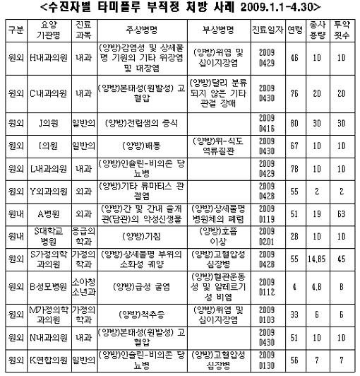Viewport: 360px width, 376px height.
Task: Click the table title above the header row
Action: [180, 8]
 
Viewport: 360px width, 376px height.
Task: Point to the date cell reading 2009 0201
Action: [265, 233]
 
